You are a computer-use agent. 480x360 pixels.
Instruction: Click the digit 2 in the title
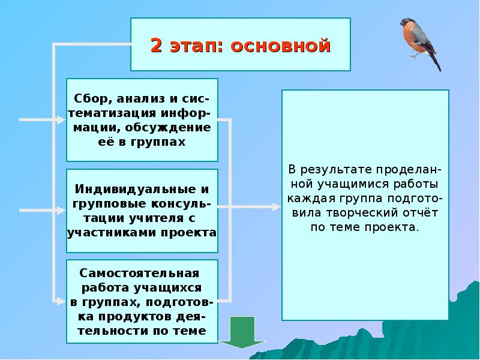[x=157, y=45]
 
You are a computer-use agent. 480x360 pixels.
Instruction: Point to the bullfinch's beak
[x=401, y=25]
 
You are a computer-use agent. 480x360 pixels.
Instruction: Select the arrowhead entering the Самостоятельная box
[x=62, y=301]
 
